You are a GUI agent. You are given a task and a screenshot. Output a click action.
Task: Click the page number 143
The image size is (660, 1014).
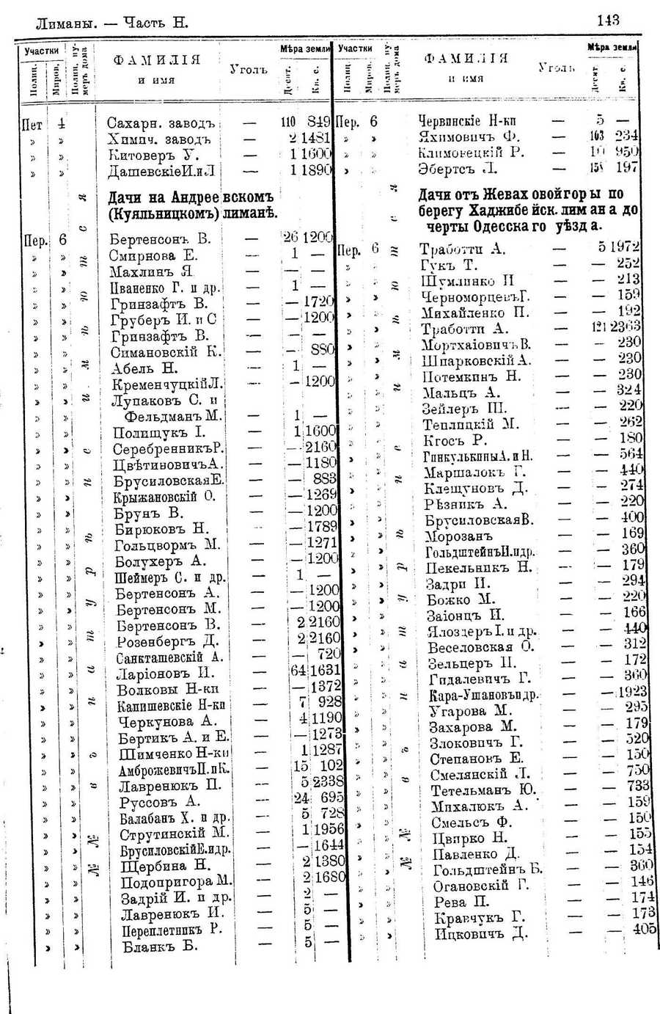tap(609, 20)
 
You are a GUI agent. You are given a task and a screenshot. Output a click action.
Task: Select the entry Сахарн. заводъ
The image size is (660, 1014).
tap(161, 123)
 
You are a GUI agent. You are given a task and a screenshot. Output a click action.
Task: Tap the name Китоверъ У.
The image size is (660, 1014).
tap(154, 155)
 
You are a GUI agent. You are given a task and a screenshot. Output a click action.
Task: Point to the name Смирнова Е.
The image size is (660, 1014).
tap(153, 255)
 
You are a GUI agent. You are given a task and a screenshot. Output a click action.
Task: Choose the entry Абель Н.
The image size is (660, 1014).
tap(144, 368)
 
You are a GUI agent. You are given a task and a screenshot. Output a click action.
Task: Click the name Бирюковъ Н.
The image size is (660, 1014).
tap(161, 529)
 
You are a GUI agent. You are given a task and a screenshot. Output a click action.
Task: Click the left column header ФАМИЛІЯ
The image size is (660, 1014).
tap(156, 60)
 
